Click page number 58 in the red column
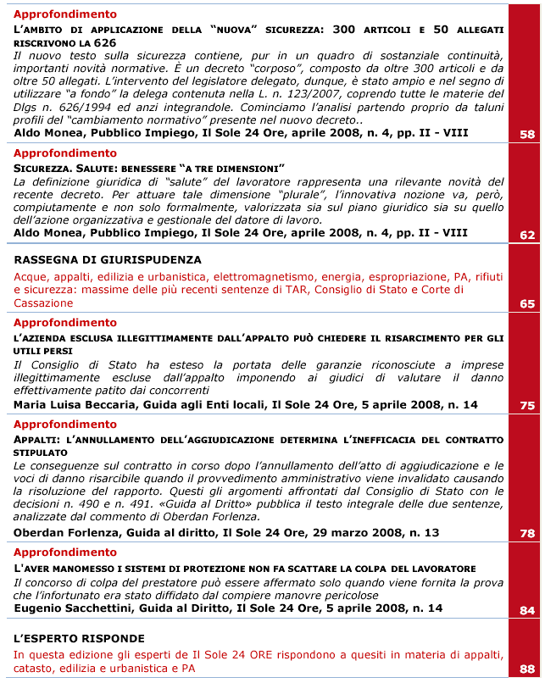pos(526,134)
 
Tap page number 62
pos(526,236)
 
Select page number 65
pos(526,303)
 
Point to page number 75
pos(526,406)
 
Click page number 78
pos(526,534)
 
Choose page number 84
pos(526,610)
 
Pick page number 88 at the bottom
pos(526,669)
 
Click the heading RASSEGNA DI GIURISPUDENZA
pos(108,260)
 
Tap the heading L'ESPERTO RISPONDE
pos(79,638)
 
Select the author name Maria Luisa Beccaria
pos(74,405)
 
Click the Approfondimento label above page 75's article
pos(65,323)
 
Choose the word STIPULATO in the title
pos(42,452)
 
